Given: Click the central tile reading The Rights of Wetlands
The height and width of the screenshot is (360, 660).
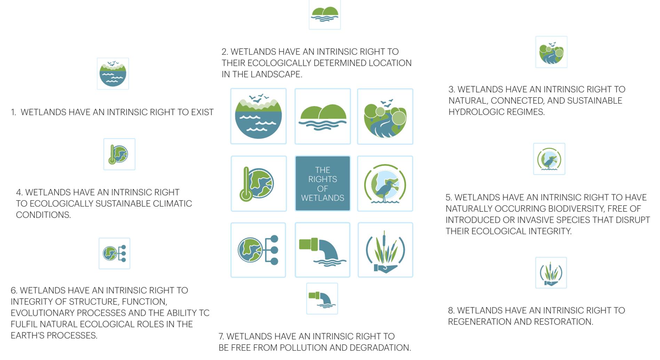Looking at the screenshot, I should (323, 184).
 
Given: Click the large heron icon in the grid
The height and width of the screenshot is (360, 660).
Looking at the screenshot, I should (385, 184).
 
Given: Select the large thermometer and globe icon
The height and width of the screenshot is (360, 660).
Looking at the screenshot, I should (259, 184).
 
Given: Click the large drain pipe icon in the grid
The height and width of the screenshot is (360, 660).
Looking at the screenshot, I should (323, 250).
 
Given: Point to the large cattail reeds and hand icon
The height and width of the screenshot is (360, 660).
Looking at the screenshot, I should (385, 250).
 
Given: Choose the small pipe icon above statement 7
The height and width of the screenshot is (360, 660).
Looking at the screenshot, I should (322, 299).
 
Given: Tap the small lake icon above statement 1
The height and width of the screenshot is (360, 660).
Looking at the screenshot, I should (113, 74).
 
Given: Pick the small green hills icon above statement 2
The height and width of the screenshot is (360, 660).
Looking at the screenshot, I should (325, 15).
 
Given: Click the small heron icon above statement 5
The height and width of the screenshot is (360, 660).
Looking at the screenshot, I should (549, 159).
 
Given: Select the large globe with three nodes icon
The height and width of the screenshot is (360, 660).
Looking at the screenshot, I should (258, 250).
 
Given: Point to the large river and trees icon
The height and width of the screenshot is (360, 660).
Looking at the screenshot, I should (385, 117).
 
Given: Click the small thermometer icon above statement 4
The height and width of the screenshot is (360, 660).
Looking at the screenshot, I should (119, 154).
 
